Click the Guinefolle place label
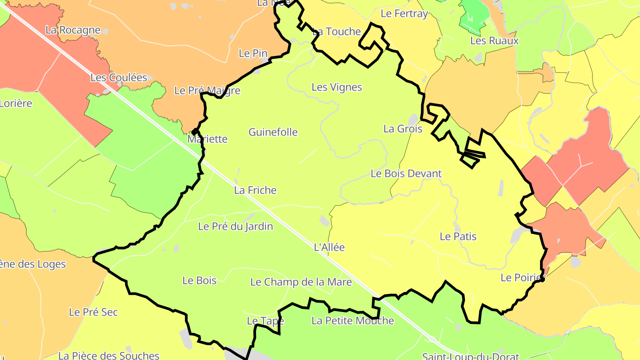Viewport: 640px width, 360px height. point(273,132)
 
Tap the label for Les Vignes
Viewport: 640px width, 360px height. point(337,87)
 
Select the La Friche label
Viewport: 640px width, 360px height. point(255,190)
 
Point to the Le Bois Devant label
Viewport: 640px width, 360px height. point(406,173)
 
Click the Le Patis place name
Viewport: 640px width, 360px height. point(458,236)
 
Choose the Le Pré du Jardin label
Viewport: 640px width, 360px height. point(236,226)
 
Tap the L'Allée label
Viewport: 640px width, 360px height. point(329,247)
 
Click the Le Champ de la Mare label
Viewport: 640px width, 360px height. point(301,282)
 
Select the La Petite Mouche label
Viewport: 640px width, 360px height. point(352,320)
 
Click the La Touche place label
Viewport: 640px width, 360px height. point(336,32)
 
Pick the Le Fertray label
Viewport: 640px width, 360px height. point(404,14)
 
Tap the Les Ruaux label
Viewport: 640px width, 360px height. point(494,40)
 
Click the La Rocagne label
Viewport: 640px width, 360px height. point(73,30)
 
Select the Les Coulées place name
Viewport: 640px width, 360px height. point(119,77)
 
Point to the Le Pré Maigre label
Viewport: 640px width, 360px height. point(207,91)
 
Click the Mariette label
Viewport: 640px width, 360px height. point(207,139)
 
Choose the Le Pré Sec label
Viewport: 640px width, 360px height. point(93,312)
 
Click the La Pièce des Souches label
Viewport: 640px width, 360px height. point(108,356)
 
